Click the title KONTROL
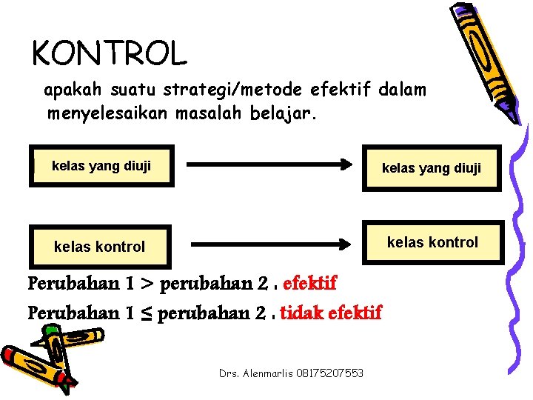click(110, 53)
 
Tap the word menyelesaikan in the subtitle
click(109, 114)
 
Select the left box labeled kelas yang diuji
click(101, 166)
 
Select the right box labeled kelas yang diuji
click(431, 169)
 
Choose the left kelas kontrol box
click(99, 247)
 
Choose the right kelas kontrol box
click(432, 242)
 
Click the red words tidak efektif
click(331, 313)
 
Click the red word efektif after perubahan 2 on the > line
click(309, 284)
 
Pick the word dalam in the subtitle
click(402, 90)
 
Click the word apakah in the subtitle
click(73, 91)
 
